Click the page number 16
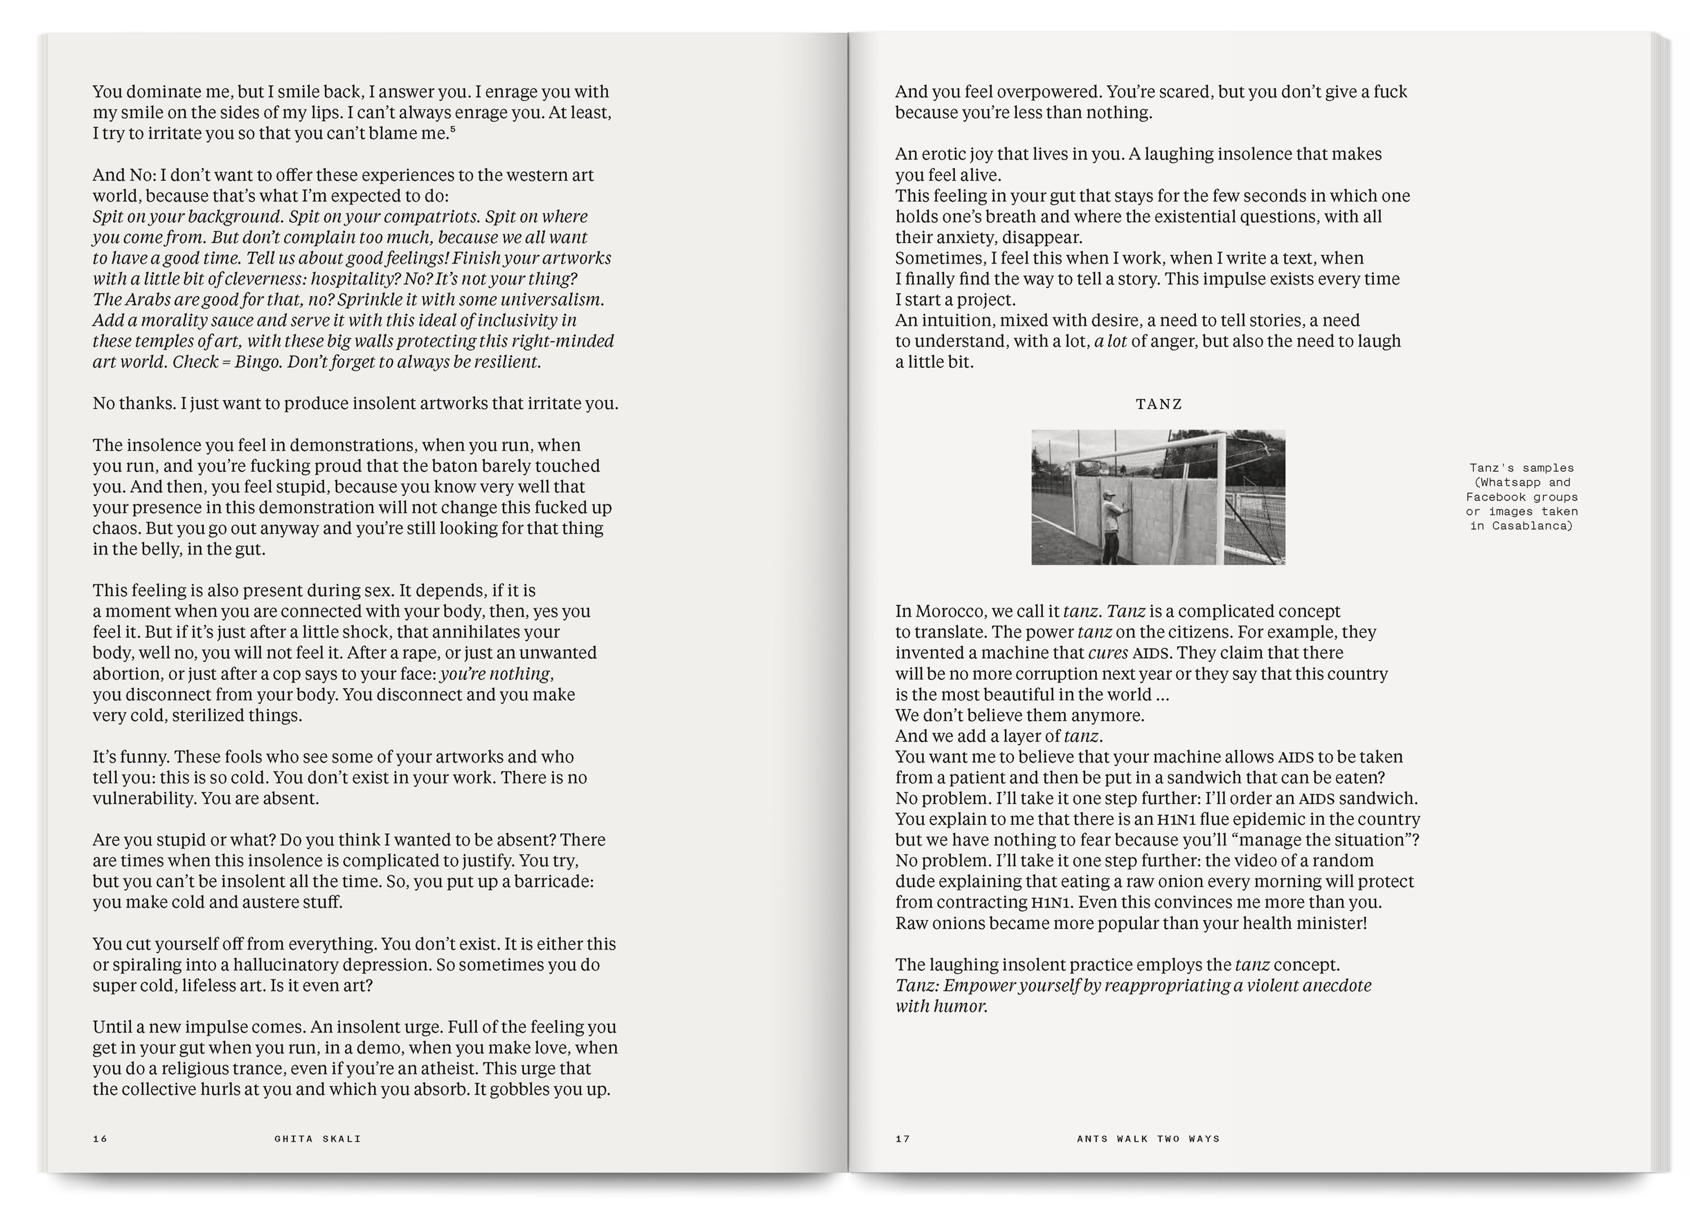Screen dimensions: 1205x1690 pos(100,1138)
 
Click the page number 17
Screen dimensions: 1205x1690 pos(902,1138)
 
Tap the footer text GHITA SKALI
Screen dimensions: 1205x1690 pos(318,1138)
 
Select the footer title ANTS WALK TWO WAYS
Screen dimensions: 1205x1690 pos(1148,1138)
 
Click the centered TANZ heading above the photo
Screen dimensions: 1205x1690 pos(1159,404)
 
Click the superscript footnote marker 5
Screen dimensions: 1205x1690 pos(453,129)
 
